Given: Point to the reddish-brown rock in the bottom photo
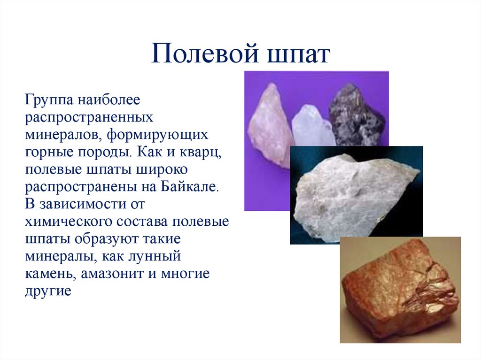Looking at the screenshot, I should pyautogui.click(x=399, y=291).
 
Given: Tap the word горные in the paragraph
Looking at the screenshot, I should pyautogui.click(x=47, y=153).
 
